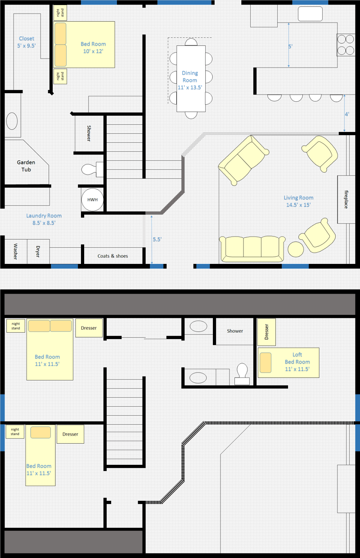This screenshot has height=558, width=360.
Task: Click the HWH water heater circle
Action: (x=92, y=200)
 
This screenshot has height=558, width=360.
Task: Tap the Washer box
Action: (x=15, y=251)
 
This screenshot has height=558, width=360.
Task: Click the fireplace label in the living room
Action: (x=346, y=199)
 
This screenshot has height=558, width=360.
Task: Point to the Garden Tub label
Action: (x=26, y=166)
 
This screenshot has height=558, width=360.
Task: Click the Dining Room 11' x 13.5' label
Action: (x=190, y=80)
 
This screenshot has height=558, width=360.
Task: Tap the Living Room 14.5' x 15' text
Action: (x=298, y=201)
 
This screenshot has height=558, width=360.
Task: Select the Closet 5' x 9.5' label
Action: (x=27, y=42)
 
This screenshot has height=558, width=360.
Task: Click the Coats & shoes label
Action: (x=112, y=256)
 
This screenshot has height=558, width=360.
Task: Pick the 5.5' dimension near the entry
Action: (x=157, y=240)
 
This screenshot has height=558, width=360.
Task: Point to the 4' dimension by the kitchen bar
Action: (x=347, y=114)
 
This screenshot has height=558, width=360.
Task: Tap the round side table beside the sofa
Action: (x=296, y=250)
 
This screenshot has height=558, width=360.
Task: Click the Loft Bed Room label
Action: (x=297, y=362)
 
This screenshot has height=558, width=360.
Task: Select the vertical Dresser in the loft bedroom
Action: (x=266, y=331)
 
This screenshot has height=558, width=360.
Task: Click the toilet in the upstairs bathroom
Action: (x=242, y=373)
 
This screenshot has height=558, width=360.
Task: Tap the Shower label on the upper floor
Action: (x=235, y=331)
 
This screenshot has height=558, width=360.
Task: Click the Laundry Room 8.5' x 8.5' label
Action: (x=44, y=219)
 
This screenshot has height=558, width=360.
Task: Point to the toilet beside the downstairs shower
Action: (x=89, y=169)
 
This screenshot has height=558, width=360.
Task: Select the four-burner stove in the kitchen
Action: (x=345, y=45)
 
